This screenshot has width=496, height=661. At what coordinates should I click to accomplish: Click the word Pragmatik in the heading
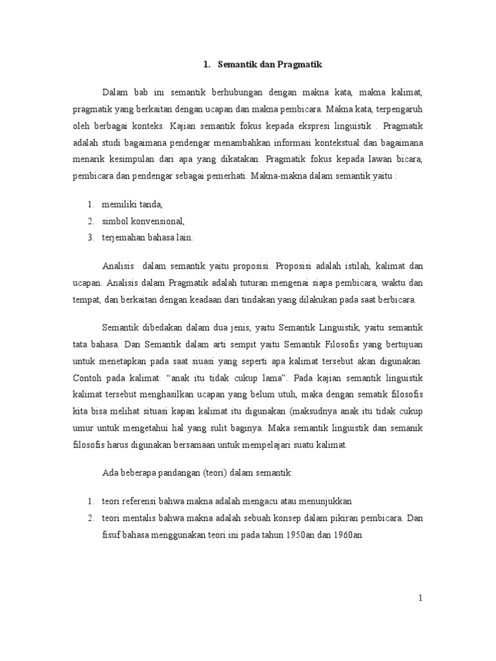[x=298, y=65]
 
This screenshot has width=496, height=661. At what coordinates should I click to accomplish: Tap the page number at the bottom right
[x=420, y=598]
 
